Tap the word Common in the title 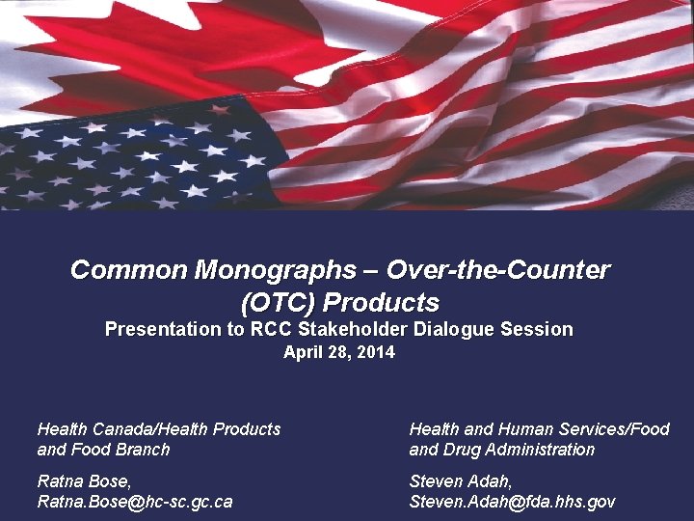coord(129,270)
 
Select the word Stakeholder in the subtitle coord(360,330)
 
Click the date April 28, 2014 coord(338,353)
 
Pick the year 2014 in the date coord(376,353)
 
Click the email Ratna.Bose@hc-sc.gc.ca coord(134,502)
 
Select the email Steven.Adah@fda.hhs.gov coord(512,502)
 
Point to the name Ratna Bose coord(83,480)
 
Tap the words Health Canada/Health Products coord(158,429)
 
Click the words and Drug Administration coord(502,451)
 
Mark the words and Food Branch coord(103,451)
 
